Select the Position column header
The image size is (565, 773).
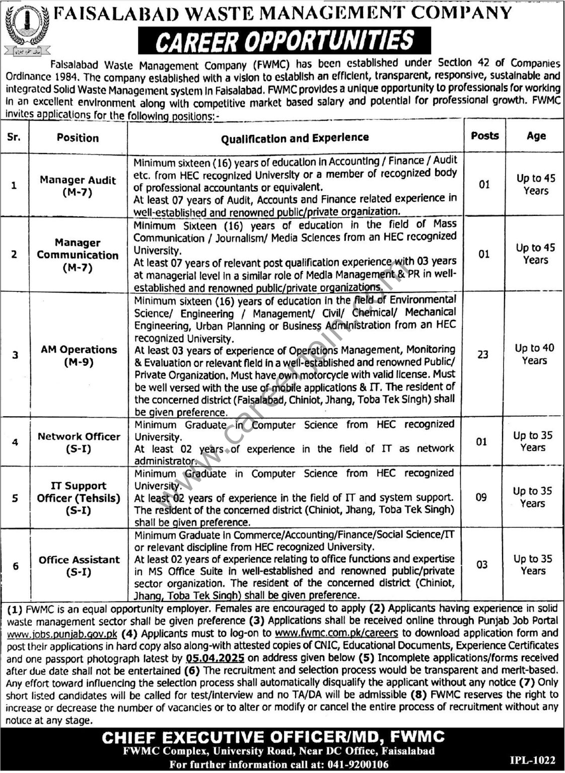click(78, 138)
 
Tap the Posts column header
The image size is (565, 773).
click(485, 136)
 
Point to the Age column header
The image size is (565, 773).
click(536, 136)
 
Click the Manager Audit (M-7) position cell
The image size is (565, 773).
click(78, 186)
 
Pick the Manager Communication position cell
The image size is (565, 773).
click(78, 255)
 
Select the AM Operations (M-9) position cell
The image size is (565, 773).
click(79, 355)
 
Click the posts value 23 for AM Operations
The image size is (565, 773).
click(483, 355)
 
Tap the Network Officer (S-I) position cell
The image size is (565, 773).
click(79, 442)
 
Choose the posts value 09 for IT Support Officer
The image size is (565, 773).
click(481, 497)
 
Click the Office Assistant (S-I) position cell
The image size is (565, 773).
click(79, 566)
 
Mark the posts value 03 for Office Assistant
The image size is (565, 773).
click(482, 565)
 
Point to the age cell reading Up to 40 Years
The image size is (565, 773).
click(534, 354)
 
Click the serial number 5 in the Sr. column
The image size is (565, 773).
click(15, 498)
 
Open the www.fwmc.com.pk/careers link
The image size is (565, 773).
click(337, 633)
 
